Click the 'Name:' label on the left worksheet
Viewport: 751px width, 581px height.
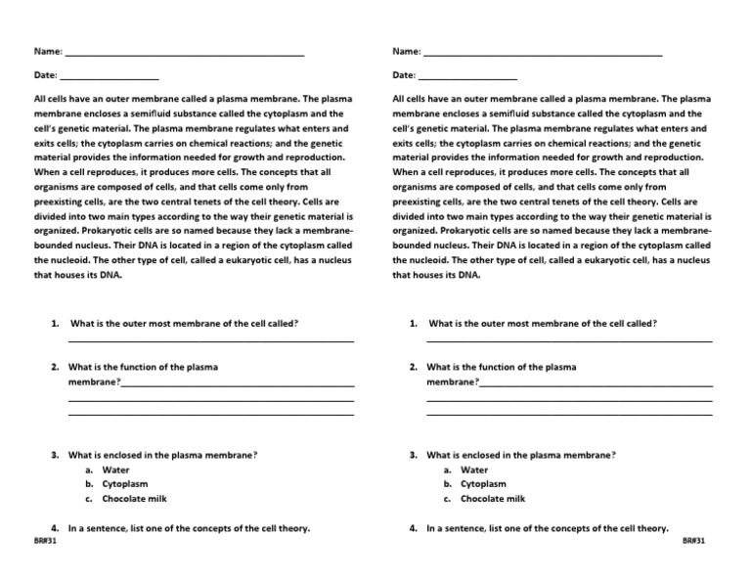48,51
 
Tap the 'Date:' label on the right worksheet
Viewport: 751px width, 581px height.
405,75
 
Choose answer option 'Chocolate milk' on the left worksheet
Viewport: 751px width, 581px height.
135,499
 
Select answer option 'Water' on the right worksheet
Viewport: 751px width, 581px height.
474,469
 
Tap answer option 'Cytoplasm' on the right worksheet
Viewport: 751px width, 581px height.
484,484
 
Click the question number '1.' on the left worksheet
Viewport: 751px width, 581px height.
55,323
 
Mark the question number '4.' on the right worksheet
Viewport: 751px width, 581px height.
414,528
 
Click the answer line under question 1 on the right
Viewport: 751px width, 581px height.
570,340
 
